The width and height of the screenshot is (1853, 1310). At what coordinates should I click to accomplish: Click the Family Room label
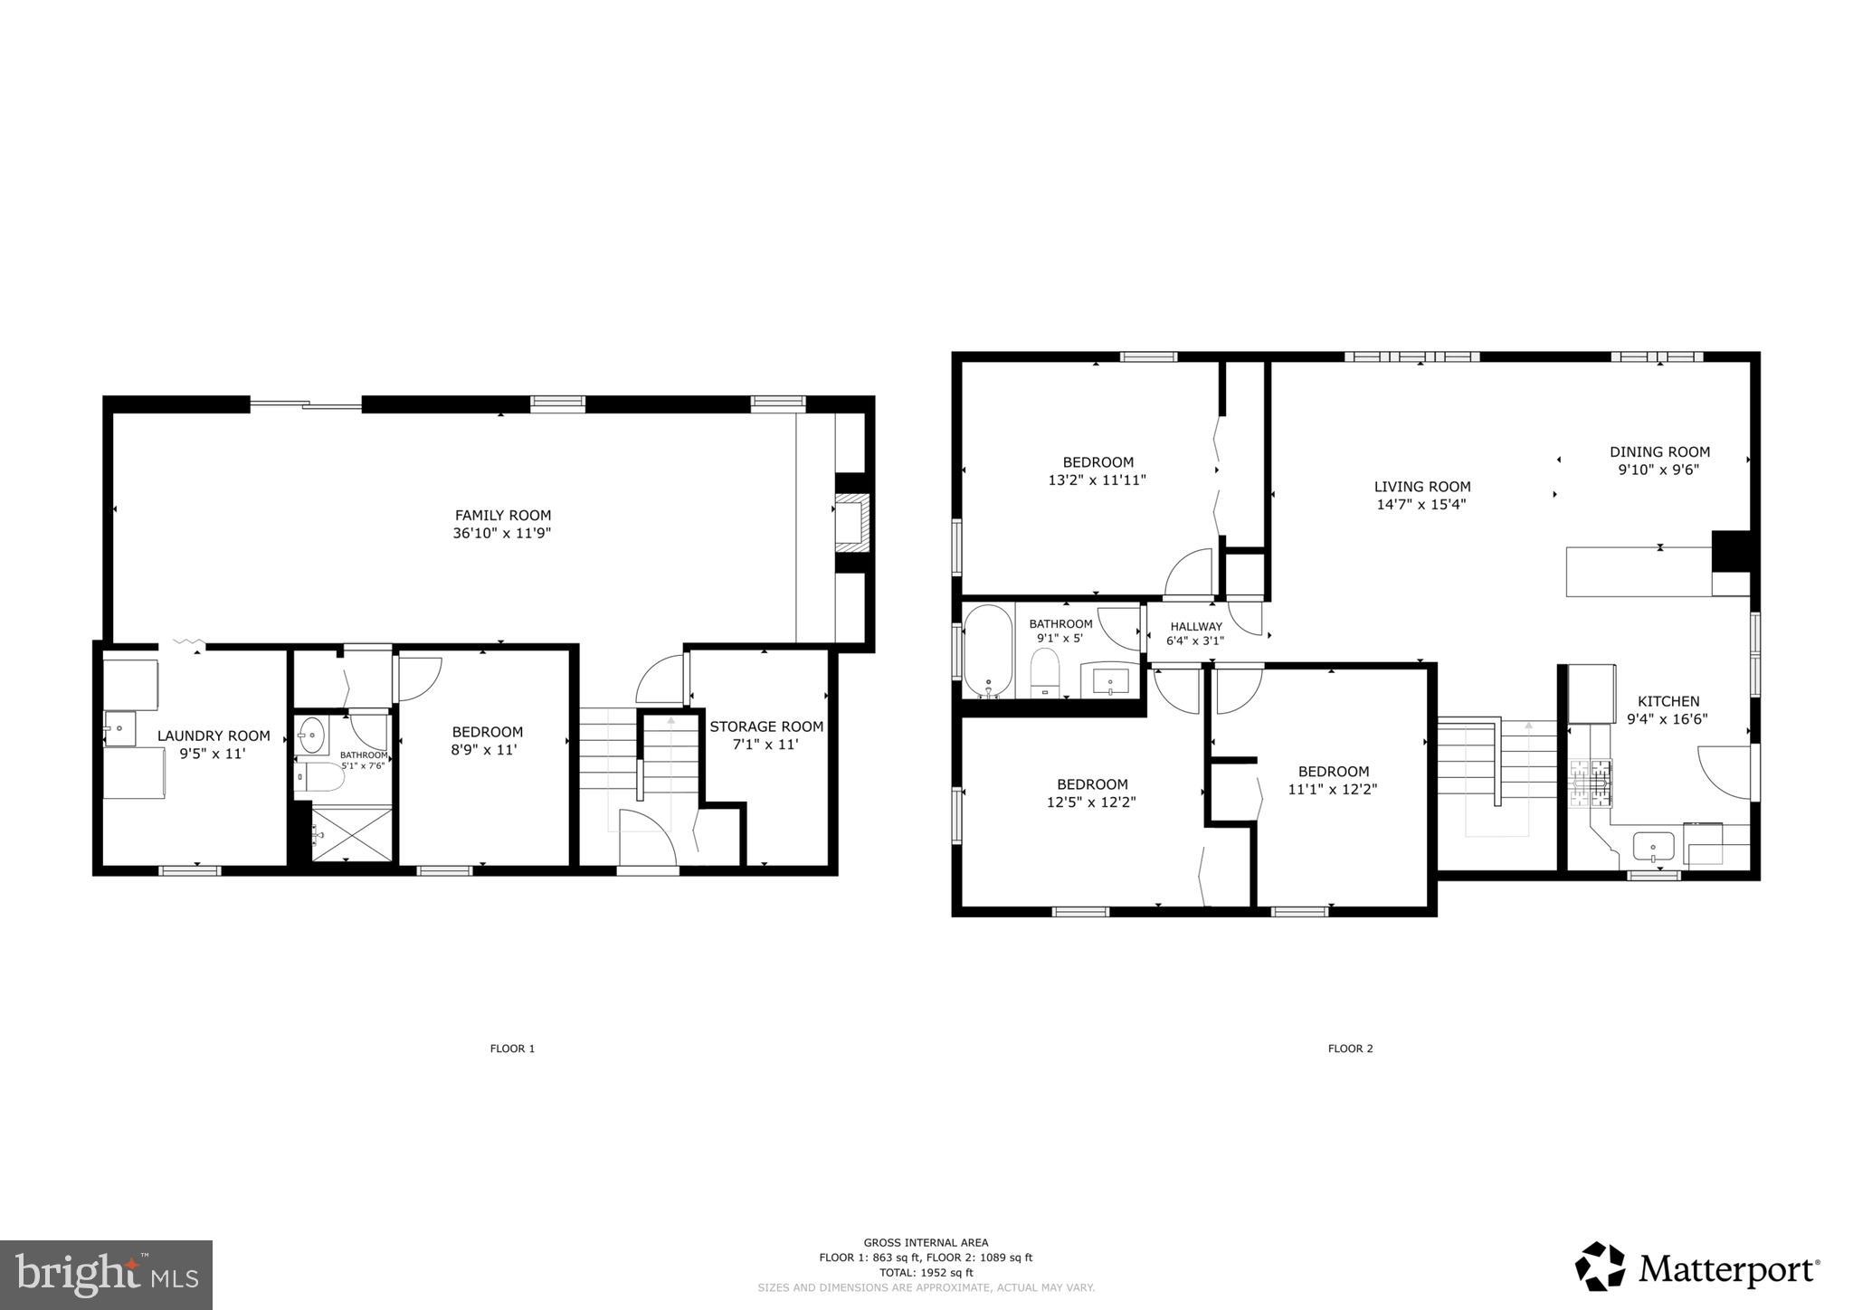click(x=502, y=516)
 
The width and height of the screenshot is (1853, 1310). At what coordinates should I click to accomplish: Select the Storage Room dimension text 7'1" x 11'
click(x=765, y=745)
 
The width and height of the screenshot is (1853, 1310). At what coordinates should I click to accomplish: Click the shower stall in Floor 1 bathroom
click(x=352, y=834)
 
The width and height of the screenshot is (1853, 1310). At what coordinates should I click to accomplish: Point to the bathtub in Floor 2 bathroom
click(x=987, y=650)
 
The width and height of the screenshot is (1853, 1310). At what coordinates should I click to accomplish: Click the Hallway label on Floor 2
click(x=1195, y=626)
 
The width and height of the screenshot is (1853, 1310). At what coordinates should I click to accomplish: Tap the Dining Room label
click(x=1659, y=451)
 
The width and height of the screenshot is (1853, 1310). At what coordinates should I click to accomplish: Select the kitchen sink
click(x=1652, y=849)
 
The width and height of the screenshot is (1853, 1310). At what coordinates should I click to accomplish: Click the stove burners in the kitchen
click(x=1591, y=783)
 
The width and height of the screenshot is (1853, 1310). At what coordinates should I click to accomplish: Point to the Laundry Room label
click(x=214, y=736)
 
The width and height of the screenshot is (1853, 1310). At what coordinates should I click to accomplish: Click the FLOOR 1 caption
click(x=512, y=1049)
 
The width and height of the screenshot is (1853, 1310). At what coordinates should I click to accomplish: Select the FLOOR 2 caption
click(x=1350, y=1049)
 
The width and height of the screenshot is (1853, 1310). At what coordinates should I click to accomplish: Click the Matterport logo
click(x=1696, y=1267)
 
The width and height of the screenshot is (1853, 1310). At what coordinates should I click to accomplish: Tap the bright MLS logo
click(x=107, y=1275)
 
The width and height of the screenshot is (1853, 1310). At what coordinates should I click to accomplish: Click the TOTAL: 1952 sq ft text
click(x=926, y=1272)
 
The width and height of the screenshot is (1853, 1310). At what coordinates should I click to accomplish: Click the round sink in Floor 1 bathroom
click(x=312, y=735)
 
